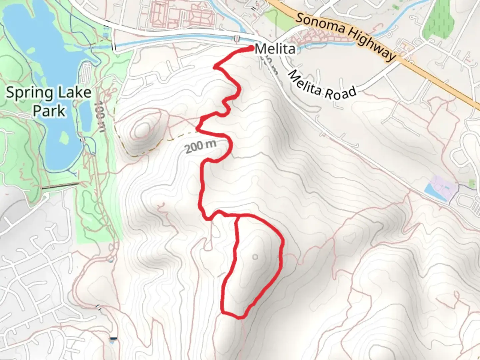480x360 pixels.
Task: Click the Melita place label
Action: click(x=275, y=49)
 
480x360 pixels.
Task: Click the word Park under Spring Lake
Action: click(x=49, y=111)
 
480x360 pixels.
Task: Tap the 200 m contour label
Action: click(x=201, y=146)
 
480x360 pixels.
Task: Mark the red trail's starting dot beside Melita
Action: click(x=251, y=49)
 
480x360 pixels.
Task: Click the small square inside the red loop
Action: click(x=255, y=257)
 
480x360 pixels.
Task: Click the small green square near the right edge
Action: click(x=472, y=183)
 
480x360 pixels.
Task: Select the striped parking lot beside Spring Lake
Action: click(x=86, y=73)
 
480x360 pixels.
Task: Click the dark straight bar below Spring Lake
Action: click(x=60, y=186)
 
